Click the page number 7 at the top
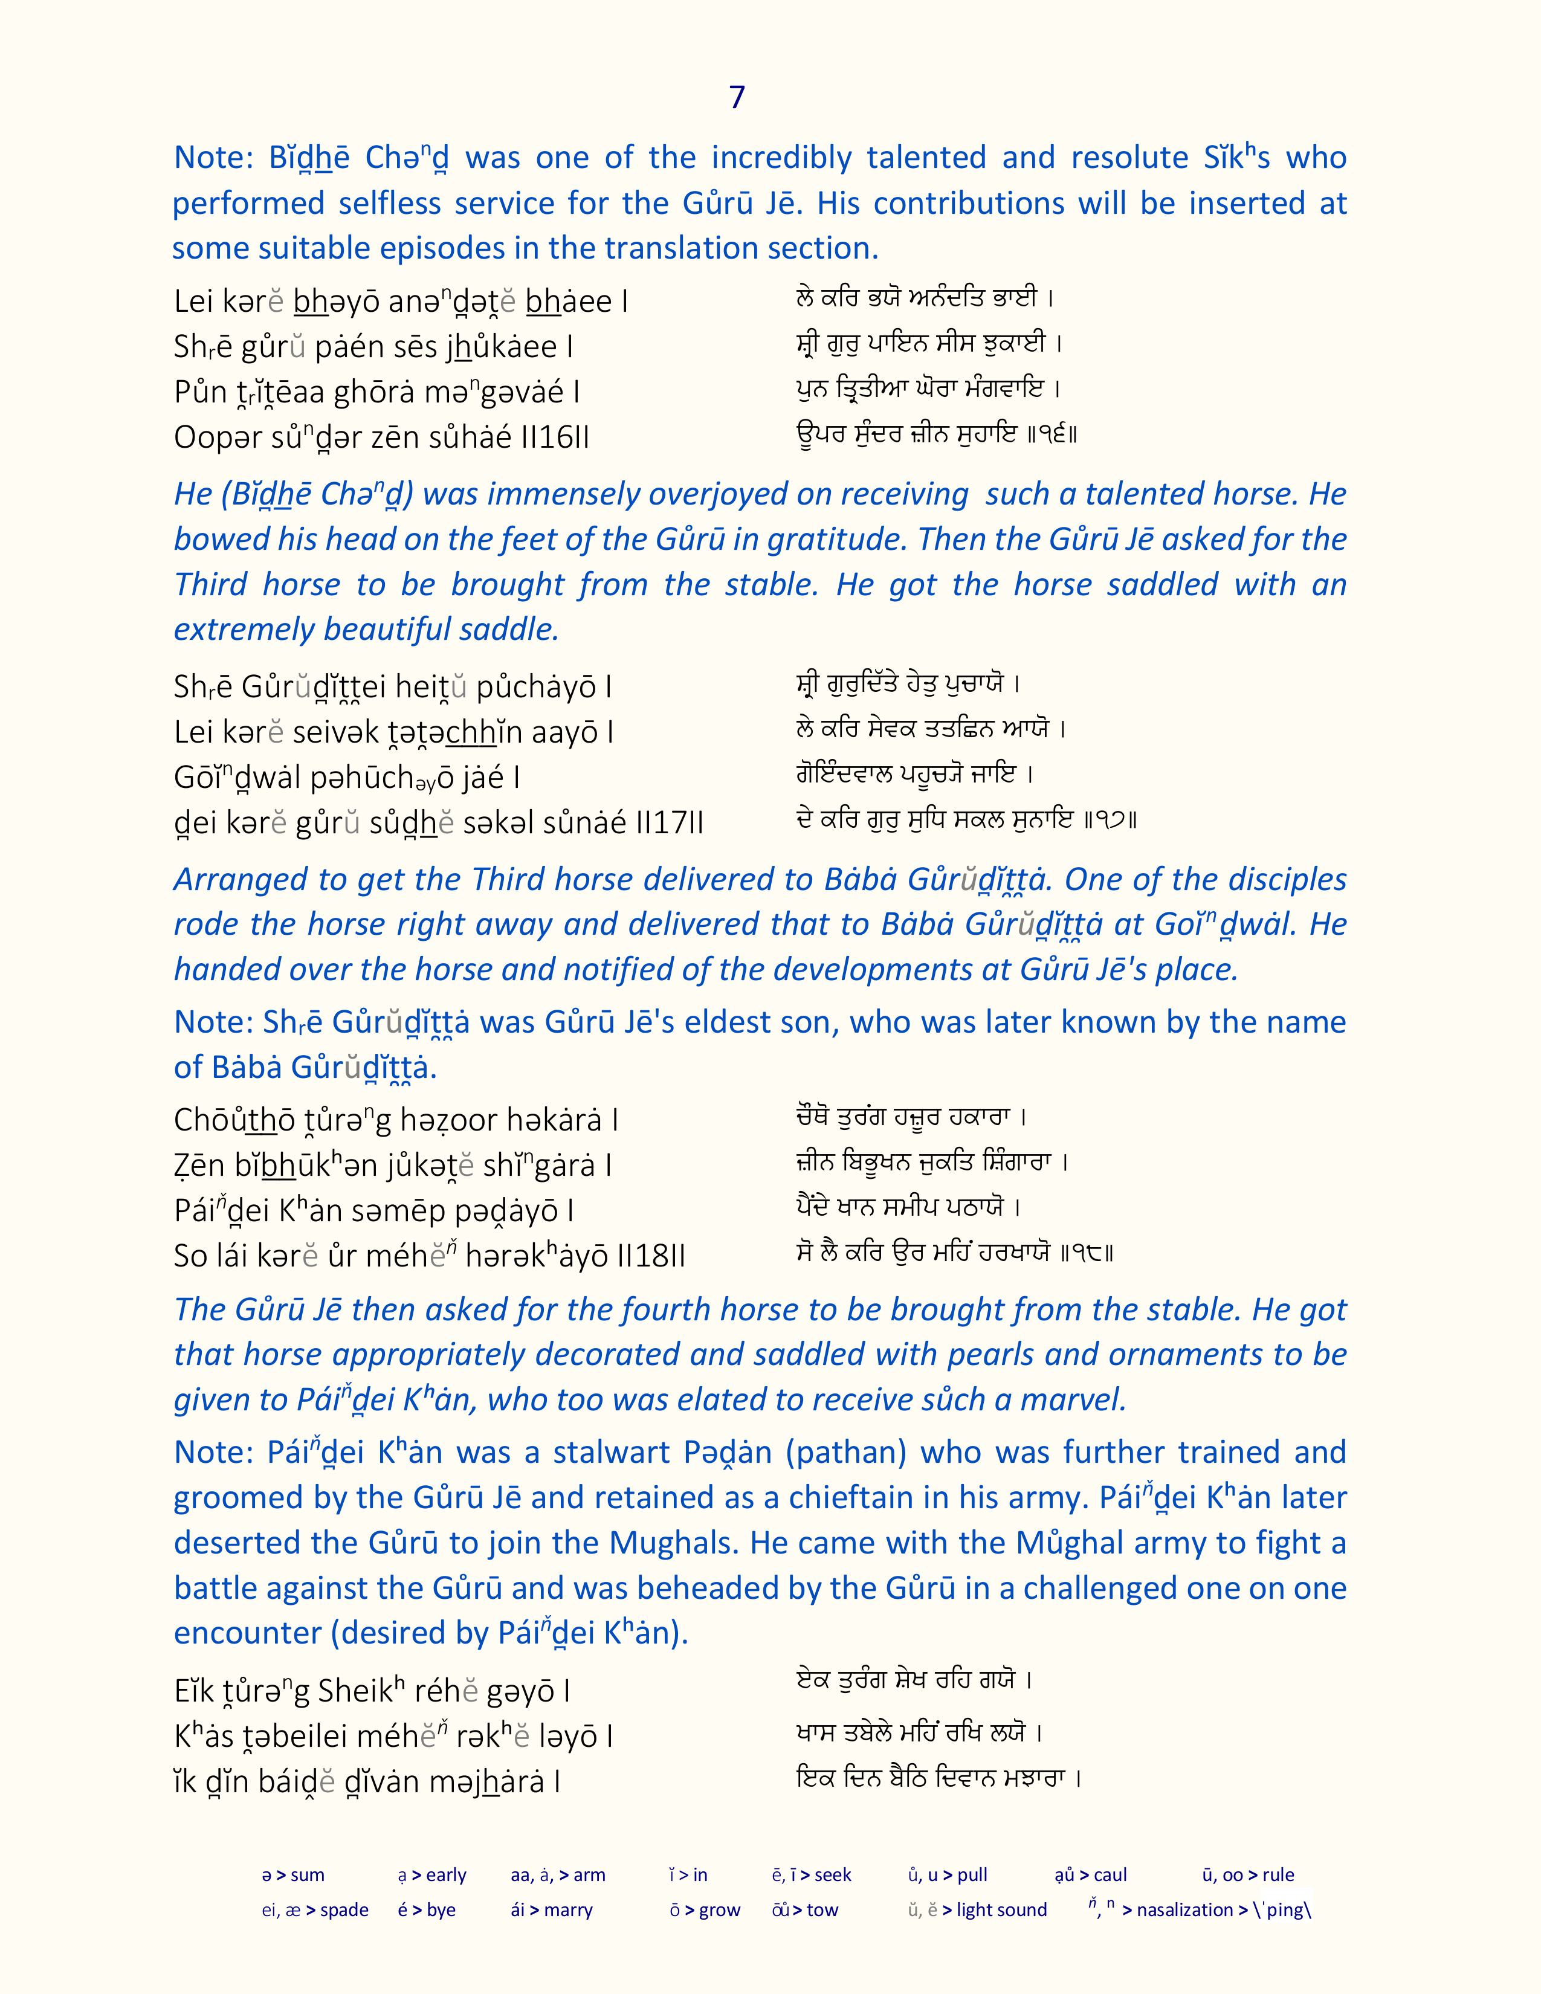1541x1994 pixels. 738,98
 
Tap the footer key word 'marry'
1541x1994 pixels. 568,1910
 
